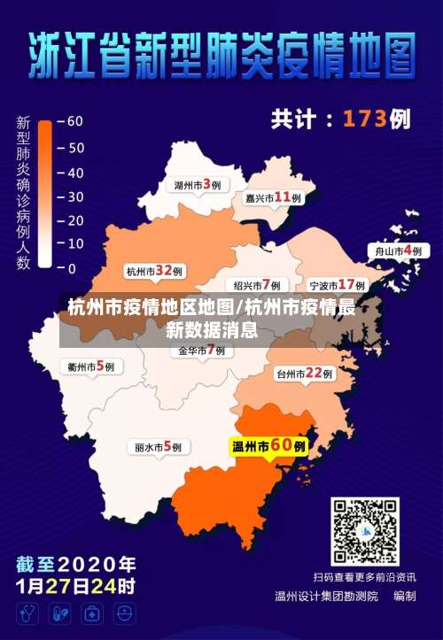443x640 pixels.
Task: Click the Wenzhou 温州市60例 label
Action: coord(268,446)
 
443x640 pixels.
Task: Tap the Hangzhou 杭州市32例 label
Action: coord(154,271)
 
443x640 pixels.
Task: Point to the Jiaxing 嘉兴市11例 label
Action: coord(273,198)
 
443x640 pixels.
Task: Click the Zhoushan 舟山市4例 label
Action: coord(398,251)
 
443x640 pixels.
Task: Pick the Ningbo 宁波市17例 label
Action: coord(338,285)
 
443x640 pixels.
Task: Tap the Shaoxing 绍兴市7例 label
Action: coord(257,285)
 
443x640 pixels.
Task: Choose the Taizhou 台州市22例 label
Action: coord(304,374)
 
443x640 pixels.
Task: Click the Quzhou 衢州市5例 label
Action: coord(90,366)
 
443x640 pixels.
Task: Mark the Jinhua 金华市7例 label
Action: coord(201,351)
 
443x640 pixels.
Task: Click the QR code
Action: coord(365,531)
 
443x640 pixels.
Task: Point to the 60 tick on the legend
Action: coord(74,121)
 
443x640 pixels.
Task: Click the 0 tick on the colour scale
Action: coord(71,269)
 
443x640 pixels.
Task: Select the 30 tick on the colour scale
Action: coord(74,196)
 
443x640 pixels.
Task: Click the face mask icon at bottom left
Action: coord(125,613)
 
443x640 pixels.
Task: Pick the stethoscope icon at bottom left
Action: coord(28,613)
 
